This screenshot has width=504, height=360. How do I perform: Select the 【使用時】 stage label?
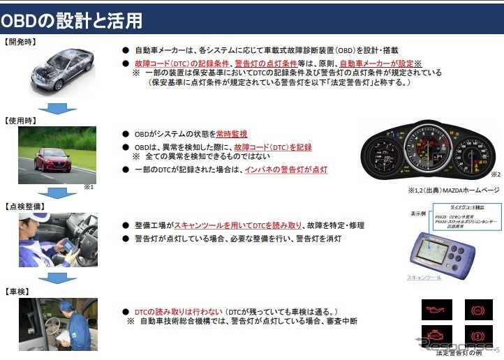pos(20,121)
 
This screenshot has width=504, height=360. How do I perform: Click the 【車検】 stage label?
pos(17,290)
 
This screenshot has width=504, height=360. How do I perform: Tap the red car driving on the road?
pos(53,159)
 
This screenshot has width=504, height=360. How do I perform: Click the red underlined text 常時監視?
pos(232,134)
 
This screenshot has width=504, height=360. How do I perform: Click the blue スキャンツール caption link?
pos(424,278)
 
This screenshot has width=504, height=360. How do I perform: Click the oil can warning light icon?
pos(438,308)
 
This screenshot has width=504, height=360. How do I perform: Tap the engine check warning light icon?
pos(438,335)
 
